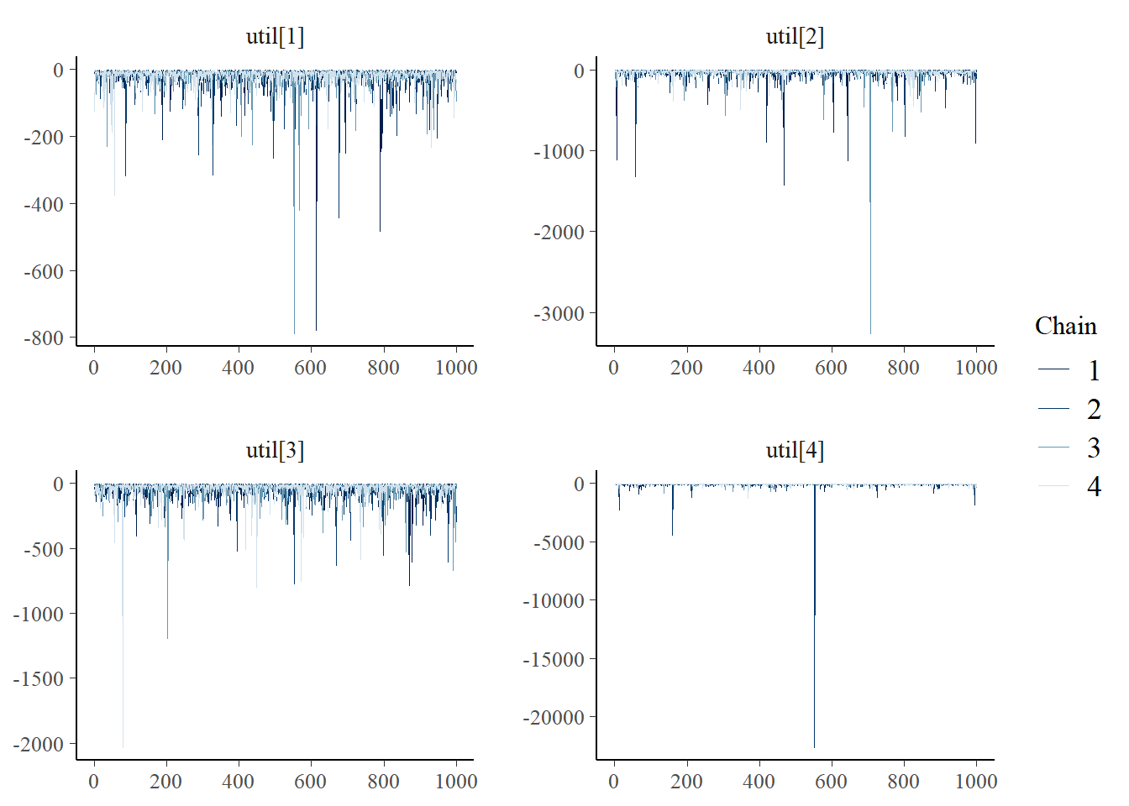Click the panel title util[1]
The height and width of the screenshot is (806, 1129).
click(275, 37)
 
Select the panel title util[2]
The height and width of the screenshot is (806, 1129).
click(795, 37)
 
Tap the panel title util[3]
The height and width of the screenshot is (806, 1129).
click(275, 451)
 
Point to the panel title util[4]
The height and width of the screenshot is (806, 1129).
click(795, 451)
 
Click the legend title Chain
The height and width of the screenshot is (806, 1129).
click(1065, 326)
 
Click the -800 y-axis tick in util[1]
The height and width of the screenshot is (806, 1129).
click(44, 338)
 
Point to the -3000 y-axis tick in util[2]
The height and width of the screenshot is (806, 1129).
click(559, 314)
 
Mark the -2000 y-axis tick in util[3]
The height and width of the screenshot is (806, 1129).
click(39, 745)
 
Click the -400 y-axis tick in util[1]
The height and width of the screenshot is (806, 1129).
click(44, 204)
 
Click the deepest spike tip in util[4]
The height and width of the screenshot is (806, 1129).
click(814, 747)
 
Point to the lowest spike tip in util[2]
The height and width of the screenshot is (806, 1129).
click(870, 334)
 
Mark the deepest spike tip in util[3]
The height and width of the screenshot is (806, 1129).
click(123, 747)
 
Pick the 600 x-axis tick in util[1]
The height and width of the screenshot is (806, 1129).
click(311, 368)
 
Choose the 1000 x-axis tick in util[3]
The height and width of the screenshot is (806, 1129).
click(456, 782)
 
